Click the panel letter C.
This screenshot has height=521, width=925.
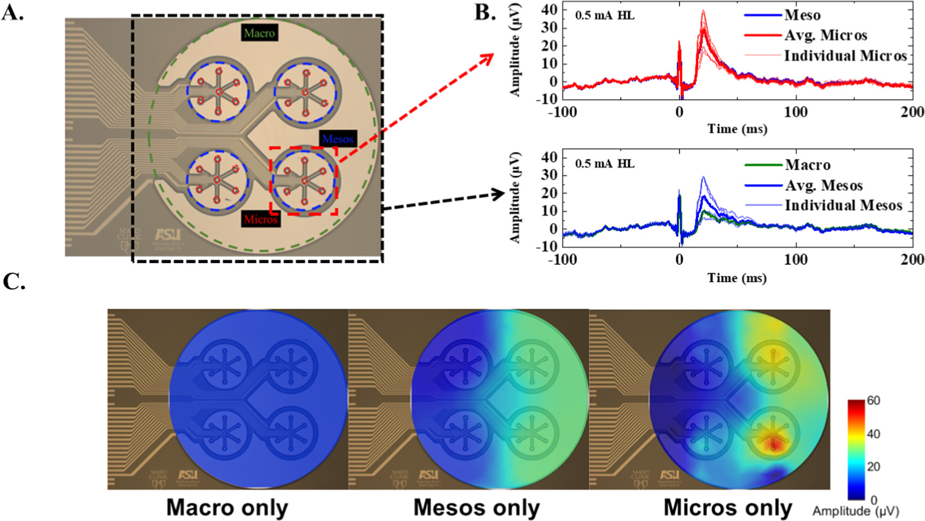coord(13,281)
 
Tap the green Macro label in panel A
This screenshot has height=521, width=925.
coord(259,33)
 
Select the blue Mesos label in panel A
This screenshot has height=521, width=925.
coord(338,139)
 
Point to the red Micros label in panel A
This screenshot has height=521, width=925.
coord(260,219)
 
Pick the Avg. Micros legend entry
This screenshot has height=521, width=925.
coord(825,36)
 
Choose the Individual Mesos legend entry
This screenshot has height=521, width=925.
coord(843,205)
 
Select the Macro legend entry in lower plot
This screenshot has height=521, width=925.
coord(807,165)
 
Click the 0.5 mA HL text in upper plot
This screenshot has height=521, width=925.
coord(604,16)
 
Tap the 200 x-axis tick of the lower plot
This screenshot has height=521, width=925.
coord(912,260)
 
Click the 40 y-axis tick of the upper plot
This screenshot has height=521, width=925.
coord(549,10)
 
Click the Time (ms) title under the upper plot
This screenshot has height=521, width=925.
coord(737,129)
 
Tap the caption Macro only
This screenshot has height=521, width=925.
coord(227,508)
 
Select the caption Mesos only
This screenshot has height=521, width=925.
coord(476,508)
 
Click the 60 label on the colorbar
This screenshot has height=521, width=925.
coord(873,401)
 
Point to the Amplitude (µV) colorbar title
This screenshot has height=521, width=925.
coord(856,511)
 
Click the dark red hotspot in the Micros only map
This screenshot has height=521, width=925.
coord(774,443)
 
